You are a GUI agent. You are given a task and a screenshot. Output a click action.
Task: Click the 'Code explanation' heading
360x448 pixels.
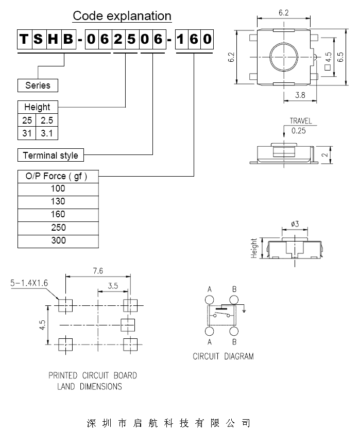tap(122, 16)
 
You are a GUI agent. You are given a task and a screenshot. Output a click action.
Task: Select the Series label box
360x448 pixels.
tap(38, 85)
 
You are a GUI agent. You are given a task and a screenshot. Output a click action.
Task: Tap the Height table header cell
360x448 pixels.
tap(38, 107)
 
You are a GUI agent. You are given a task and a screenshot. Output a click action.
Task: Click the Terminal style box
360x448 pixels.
tap(50, 155)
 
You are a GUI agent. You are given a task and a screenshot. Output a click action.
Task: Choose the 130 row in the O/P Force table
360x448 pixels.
tap(58, 202)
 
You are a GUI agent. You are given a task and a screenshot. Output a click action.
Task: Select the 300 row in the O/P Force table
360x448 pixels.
tap(58, 240)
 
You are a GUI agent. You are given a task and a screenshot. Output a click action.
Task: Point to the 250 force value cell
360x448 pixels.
tap(58, 228)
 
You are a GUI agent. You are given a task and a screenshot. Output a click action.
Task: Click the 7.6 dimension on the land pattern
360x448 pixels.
tap(98, 270)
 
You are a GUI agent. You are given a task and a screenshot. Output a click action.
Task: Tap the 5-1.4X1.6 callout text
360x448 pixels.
tap(29, 283)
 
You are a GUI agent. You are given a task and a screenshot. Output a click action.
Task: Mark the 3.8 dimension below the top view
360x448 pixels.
tap(301, 95)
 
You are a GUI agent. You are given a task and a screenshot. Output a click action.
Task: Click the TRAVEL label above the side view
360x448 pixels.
tap(300, 122)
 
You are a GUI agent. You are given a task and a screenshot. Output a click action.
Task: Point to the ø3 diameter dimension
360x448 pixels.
tap(295, 224)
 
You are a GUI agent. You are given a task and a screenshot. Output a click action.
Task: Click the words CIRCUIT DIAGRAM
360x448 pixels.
tap(223, 356)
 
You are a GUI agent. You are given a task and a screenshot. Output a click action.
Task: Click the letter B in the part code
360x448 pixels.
tap(68, 39)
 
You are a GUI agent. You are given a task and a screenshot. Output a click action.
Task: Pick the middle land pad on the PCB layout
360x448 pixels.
tap(127, 324)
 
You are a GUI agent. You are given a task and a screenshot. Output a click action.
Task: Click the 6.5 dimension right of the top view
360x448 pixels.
tap(340, 57)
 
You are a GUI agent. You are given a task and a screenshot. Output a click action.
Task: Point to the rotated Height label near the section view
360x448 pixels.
tap(254, 248)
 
